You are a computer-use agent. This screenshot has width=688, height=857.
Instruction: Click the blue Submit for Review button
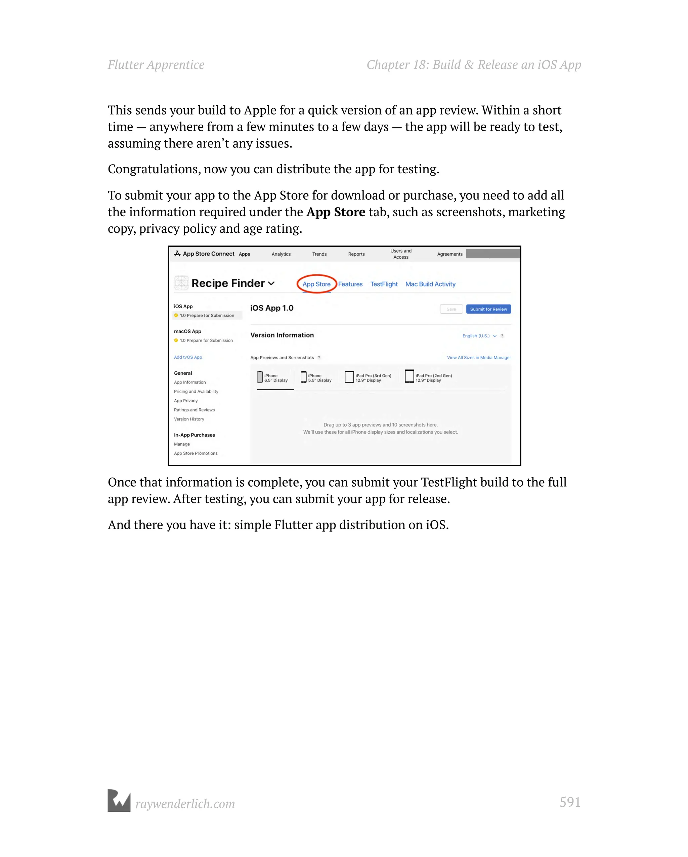(488, 309)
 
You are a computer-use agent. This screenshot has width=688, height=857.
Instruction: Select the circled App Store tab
(316, 284)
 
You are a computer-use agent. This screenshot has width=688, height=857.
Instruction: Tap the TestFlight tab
(383, 284)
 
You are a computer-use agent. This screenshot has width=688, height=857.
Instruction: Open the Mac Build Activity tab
(430, 284)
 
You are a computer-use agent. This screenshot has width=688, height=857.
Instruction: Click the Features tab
(350, 284)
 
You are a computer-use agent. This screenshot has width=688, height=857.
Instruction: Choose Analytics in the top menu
(281, 254)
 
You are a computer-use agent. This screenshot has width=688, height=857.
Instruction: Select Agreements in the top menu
(449, 254)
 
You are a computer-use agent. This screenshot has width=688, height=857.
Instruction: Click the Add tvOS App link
(188, 357)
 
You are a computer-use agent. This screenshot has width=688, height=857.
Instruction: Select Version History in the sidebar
(188, 419)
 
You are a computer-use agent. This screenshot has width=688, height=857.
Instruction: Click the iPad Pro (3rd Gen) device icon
(349, 377)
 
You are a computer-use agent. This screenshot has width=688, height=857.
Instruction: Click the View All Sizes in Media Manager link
(478, 357)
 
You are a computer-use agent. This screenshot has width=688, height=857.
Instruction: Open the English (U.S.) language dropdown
(479, 335)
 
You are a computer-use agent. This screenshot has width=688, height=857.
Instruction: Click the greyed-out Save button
(451, 309)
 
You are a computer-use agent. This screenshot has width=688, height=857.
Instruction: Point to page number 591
(569, 802)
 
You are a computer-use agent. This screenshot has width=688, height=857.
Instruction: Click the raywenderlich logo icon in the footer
(119, 801)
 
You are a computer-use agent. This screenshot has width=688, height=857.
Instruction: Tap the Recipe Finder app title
(227, 283)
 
